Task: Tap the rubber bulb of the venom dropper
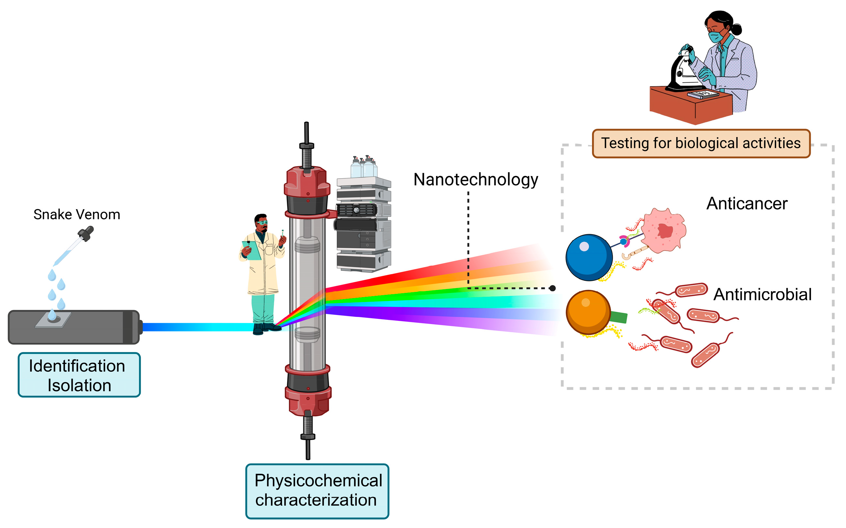pyautogui.click(x=87, y=233)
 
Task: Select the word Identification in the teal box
pyautogui.click(x=77, y=366)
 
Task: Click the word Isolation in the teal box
pyautogui.click(x=79, y=385)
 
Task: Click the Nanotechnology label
pyautogui.click(x=475, y=180)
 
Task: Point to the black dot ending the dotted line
pyautogui.click(x=552, y=288)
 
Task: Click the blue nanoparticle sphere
pyautogui.click(x=589, y=258)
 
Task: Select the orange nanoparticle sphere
pyautogui.click(x=588, y=312)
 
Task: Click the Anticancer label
pyautogui.click(x=747, y=204)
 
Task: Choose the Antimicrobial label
pyautogui.click(x=762, y=295)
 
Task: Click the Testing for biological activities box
pyautogui.click(x=701, y=144)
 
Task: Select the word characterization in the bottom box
pyautogui.click(x=316, y=500)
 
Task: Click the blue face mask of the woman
pyautogui.click(x=716, y=36)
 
